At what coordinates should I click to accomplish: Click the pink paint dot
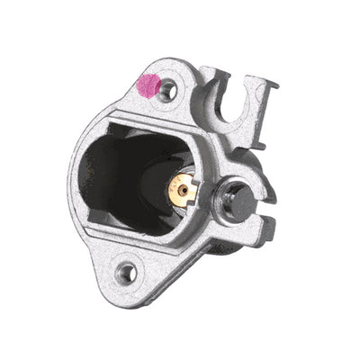[x=146, y=86]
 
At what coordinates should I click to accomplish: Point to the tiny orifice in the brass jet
[x=184, y=190]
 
